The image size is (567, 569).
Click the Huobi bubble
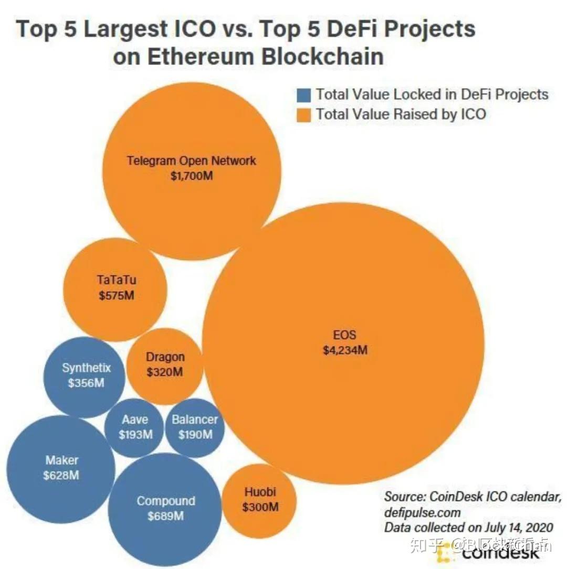point(260,501)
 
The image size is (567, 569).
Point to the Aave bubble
point(134,427)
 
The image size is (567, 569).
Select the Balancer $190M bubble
point(195,427)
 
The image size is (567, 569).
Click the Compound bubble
point(165,508)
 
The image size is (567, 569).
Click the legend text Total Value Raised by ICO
point(401,114)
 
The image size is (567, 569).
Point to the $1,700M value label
point(191,176)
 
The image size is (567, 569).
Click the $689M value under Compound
point(165,516)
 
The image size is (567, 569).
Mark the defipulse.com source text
point(422,511)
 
